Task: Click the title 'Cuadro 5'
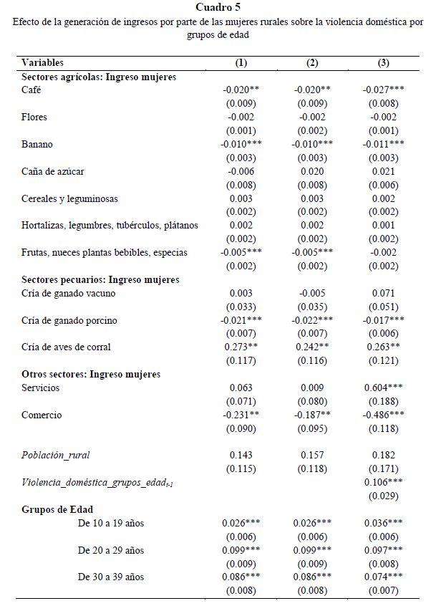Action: [x=222, y=8]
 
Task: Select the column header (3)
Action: [x=383, y=63]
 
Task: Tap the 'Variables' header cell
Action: [x=42, y=63]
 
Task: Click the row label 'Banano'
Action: [x=37, y=145]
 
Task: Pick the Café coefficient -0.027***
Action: [x=383, y=91]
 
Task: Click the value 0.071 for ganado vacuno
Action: [x=383, y=293]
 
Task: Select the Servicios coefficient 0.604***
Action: [x=383, y=388]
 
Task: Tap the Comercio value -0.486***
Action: [x=383, y=415]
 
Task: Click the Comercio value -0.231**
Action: [x=241, y=415]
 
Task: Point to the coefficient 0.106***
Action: [x=383, y=482]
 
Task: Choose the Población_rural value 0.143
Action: [x=241, y=455]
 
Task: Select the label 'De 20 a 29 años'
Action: [x=111, y=549]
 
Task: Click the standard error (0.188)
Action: [x=383, y=401]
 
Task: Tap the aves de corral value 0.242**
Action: [x=312, y=347]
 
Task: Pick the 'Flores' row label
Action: [x=35, y=117]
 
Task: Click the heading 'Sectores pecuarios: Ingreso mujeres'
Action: [x=100, y=279]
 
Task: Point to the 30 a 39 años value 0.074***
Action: [x=383, y=577]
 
